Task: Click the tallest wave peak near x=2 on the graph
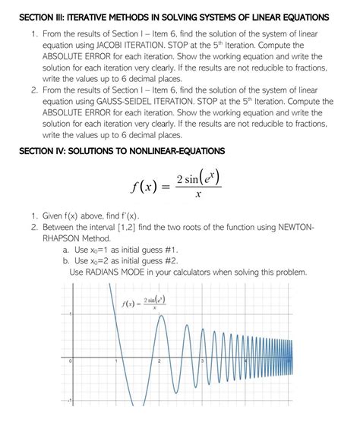157,318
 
